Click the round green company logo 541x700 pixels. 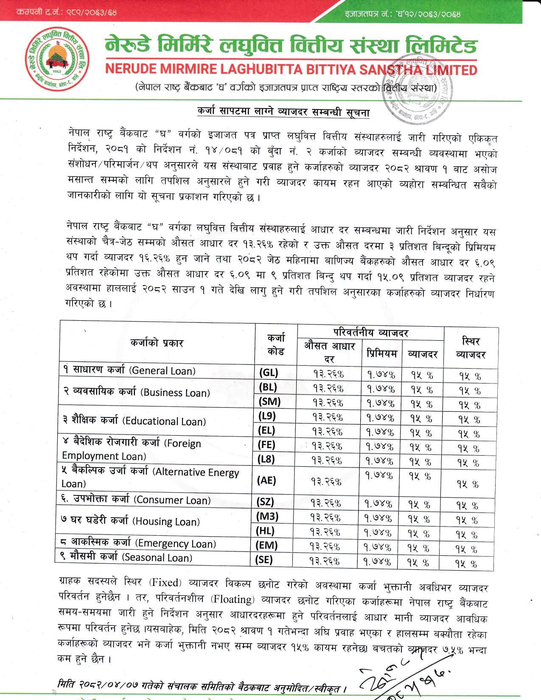(x=57, y=59)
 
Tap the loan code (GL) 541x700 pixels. (x=269, y=373)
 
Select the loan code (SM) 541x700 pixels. (x=269, y=402)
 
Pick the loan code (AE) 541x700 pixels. (x=267, y=480)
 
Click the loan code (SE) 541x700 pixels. (x=263, y=560)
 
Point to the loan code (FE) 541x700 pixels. (x=266, y=445)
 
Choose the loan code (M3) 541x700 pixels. (x=267, y=516)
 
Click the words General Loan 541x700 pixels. (x=163, y=371)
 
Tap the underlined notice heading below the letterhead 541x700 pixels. (x=283, y=112)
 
